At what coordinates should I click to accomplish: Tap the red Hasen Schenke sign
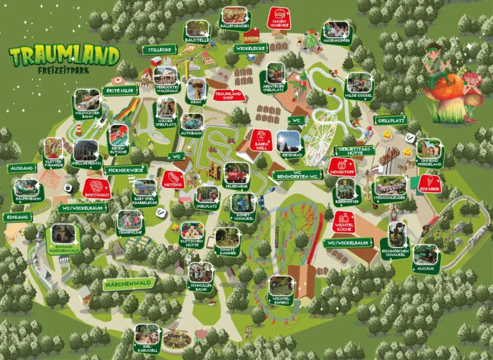[280, 17]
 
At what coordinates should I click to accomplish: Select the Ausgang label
[22, 168]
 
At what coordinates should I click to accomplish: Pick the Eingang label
[19, 217]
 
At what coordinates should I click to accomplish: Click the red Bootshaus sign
[97, 186]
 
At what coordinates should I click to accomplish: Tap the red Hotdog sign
[173, 180]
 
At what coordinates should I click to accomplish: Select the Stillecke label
[159, 49]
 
